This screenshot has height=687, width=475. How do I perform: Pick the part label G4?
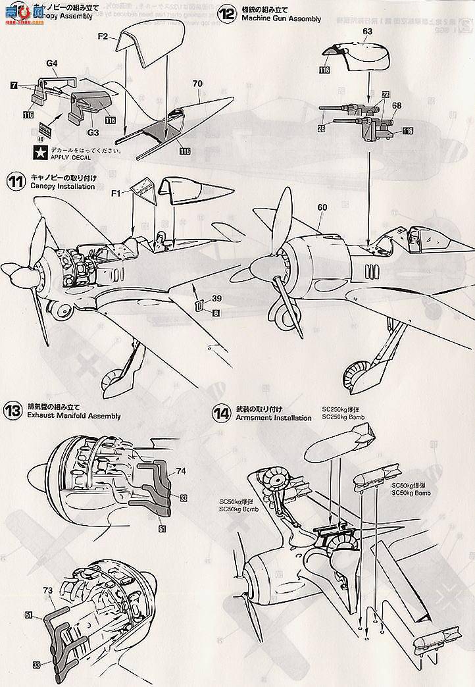(53, 64)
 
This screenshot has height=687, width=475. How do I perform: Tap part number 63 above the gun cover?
(367, 31)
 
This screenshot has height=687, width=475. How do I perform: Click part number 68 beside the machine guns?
(396, 105)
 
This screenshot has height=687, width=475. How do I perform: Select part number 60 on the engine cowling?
(322, 207)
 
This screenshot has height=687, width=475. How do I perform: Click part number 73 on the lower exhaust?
(48, 590)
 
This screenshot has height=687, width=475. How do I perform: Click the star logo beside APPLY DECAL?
(40, 153)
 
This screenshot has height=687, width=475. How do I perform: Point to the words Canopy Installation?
(63, 187)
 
